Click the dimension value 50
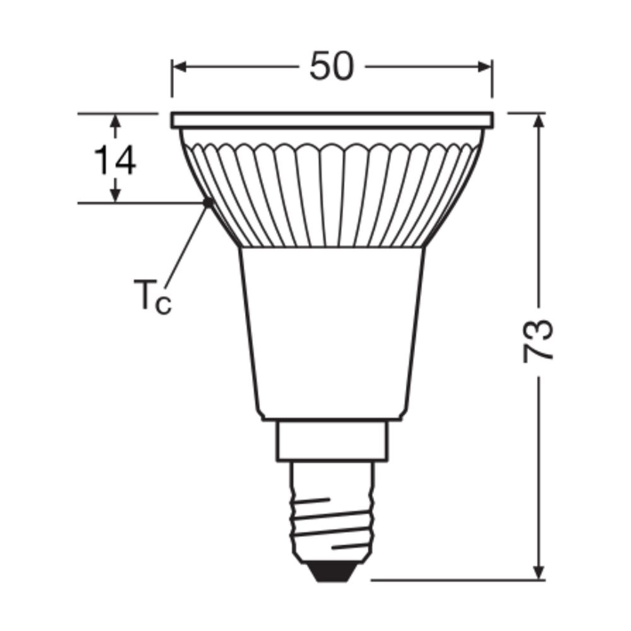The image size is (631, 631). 332,66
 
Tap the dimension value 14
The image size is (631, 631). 115,160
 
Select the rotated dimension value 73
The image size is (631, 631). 538,341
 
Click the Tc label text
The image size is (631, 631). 153,295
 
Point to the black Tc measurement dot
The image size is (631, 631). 209,202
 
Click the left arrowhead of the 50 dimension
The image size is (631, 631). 179,67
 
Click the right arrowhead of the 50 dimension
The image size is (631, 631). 485,67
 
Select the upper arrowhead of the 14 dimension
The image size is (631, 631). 115,121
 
